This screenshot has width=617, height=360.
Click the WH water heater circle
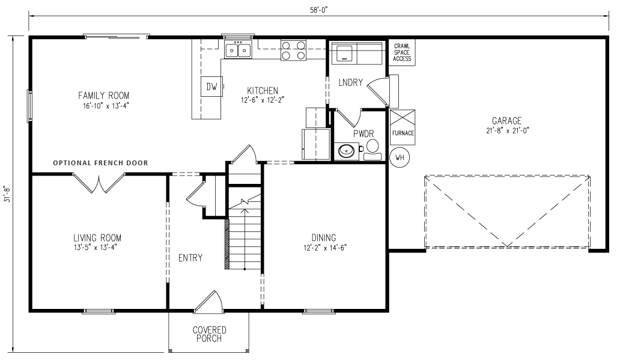pyautogui.click(x=400, y=158)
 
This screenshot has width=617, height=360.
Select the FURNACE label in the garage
pyautogui.click(x=403, y=133)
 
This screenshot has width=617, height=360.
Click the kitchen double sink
pyautogui.click(x=239, y=50)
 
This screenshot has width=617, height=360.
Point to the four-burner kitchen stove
pyautogui.click(x=293, y=50)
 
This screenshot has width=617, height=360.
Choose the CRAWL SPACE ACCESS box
pyautogui.click(x=402, y=52)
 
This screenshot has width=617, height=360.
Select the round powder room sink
pyautogui.click(x=345, y=151)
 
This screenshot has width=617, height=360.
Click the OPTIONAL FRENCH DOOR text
pyautogui.click(x=100, y=163)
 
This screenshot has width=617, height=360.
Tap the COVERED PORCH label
pyautogui.click(x=209, y=334)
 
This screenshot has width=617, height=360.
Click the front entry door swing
pyautogui.click(x=211, y=301)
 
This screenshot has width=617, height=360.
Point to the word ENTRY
pyautogui.click(x=190, y=258)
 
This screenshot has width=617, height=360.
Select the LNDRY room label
pyautogui.click(x=350, y=82)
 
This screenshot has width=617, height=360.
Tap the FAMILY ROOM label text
pyautogui.click(x=103, y=96)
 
